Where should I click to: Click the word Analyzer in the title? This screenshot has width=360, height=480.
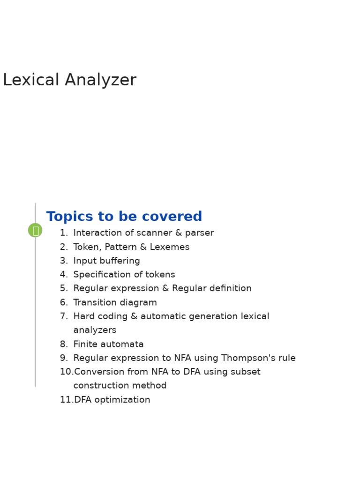pos(100,81)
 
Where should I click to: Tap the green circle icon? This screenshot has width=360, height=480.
pos(35,230)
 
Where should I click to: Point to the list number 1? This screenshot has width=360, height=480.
pos(63,233)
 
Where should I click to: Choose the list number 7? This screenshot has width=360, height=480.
pos(63,317)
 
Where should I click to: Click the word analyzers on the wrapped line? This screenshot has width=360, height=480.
pos(95,330)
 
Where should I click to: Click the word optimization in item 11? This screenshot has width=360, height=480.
pos(122,400)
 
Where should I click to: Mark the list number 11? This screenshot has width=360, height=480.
pos(66,400)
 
